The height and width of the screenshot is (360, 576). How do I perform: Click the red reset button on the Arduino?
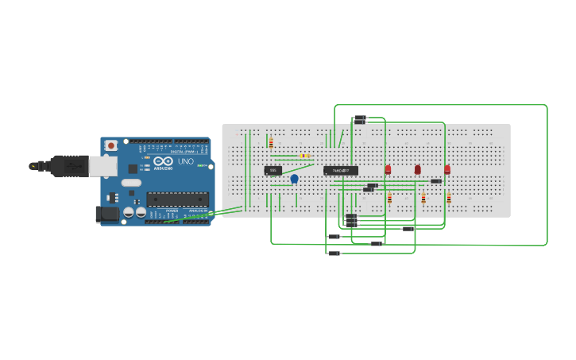[110, 145]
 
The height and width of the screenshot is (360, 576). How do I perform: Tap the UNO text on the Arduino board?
[185, 161]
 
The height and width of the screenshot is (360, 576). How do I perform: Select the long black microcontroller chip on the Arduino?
[177, 199]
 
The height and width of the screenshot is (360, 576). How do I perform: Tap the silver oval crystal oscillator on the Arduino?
[131, 183]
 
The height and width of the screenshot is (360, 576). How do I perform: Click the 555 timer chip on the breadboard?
[273, 170]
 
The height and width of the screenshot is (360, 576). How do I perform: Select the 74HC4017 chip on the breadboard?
[340, 170]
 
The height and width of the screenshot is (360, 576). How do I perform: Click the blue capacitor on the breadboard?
[294, 179]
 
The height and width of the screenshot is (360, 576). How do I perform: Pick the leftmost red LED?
[388, 169]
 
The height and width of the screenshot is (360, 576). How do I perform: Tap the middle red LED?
[417, 169]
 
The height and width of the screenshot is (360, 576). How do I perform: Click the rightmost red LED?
[447, 169]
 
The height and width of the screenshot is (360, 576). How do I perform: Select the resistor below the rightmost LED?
[449, 198]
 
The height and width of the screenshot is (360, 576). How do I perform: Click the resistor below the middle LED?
[423, 198]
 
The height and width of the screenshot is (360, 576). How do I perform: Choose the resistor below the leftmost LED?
[389, 198]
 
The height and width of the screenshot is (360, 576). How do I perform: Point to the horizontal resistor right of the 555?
[305, 156]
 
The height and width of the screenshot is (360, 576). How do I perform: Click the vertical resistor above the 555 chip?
[271, 143]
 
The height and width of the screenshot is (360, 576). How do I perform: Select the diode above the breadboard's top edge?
[359, 120]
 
